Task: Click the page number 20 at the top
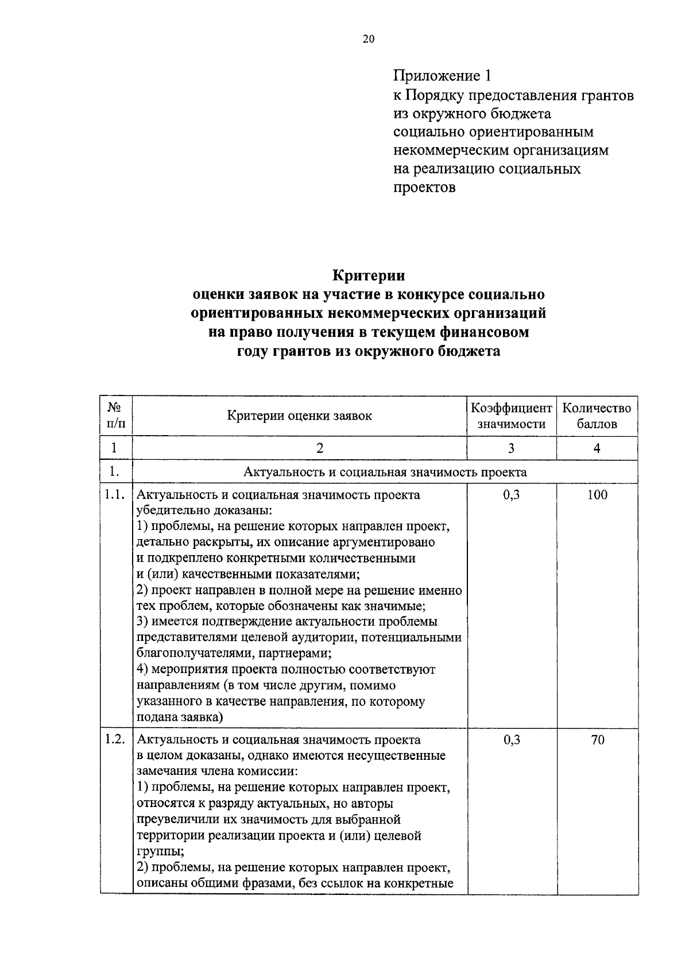tap(368, 39)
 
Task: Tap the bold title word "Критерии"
tap(368, 275)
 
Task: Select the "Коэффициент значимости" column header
tap(511, 416)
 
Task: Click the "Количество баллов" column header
tap(597, 416)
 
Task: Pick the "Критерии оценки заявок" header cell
tap(299, 416)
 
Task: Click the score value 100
tap(597, 495)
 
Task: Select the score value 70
tap(597, 740)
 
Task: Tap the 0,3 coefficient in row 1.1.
tap(511, 495)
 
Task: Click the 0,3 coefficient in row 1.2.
tap(511, 740)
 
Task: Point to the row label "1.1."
tap(115, 495)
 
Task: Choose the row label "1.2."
tap(115, 740)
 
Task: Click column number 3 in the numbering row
tap(511, 449)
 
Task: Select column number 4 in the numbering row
tap(597, 449)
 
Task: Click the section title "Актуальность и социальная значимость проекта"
tap(385, 472)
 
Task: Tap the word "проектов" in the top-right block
tap(424, 188)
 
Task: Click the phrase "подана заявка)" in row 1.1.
tap(180, 717)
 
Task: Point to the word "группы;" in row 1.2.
tap(157, 851)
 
